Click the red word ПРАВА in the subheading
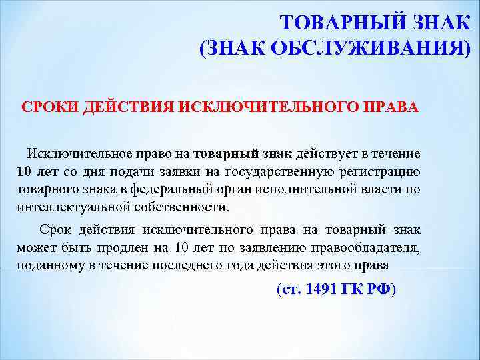pos(395,108)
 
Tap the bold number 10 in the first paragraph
pos(23,171)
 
